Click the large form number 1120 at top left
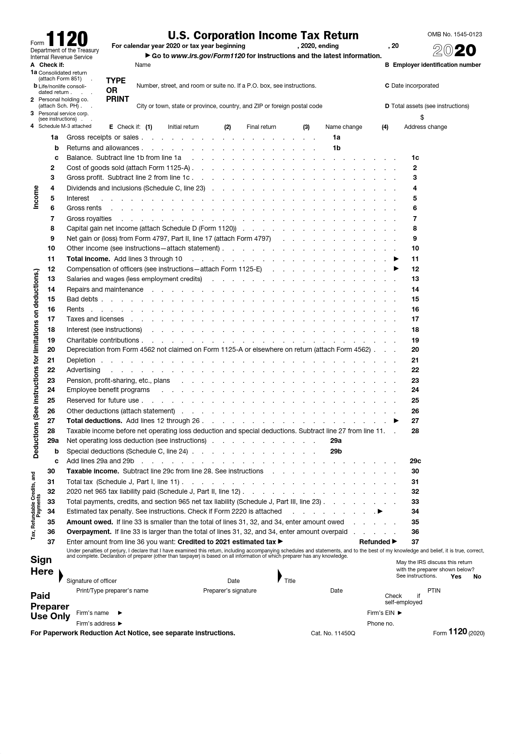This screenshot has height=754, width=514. tap(67, 39)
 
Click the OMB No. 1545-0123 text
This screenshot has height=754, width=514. tap(454, 34)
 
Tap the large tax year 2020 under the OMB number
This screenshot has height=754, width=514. tap(454, 50)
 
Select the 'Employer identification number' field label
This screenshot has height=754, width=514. tap(437, 65)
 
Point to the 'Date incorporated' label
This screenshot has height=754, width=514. tap(415, 86)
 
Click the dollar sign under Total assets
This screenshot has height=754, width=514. tap(422, 117)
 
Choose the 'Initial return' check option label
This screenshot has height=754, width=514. tap(183, 127)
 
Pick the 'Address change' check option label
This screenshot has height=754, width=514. tap(425, 127)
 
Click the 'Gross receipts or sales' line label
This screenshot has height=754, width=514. tap(103, 137)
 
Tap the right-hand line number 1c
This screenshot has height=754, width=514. tap(415, 157)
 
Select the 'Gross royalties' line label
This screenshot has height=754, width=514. tap(89, 219)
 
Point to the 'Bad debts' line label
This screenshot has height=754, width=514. tap(82, 299)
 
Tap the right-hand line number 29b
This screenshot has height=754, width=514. tap(336, 451)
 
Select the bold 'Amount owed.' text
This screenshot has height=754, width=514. tap(90, 522)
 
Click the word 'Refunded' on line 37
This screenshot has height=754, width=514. tap(375, 542)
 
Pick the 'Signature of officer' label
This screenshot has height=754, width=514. tap(91, 581)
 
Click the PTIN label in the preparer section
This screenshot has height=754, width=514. tap(434, 591)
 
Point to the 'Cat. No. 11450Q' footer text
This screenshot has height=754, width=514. tap(333, 633)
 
